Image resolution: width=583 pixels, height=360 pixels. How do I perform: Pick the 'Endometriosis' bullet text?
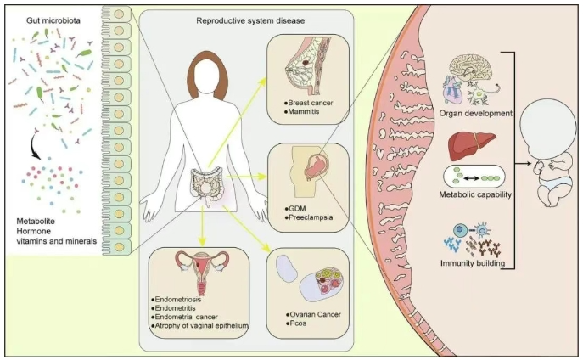tap(183, 300)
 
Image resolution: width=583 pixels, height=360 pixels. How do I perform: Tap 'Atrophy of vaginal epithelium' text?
tap(200, 326)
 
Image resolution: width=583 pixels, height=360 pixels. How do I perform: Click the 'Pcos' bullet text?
tap(298, 323)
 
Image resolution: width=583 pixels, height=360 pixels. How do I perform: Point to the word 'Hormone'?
tap(36, 230)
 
